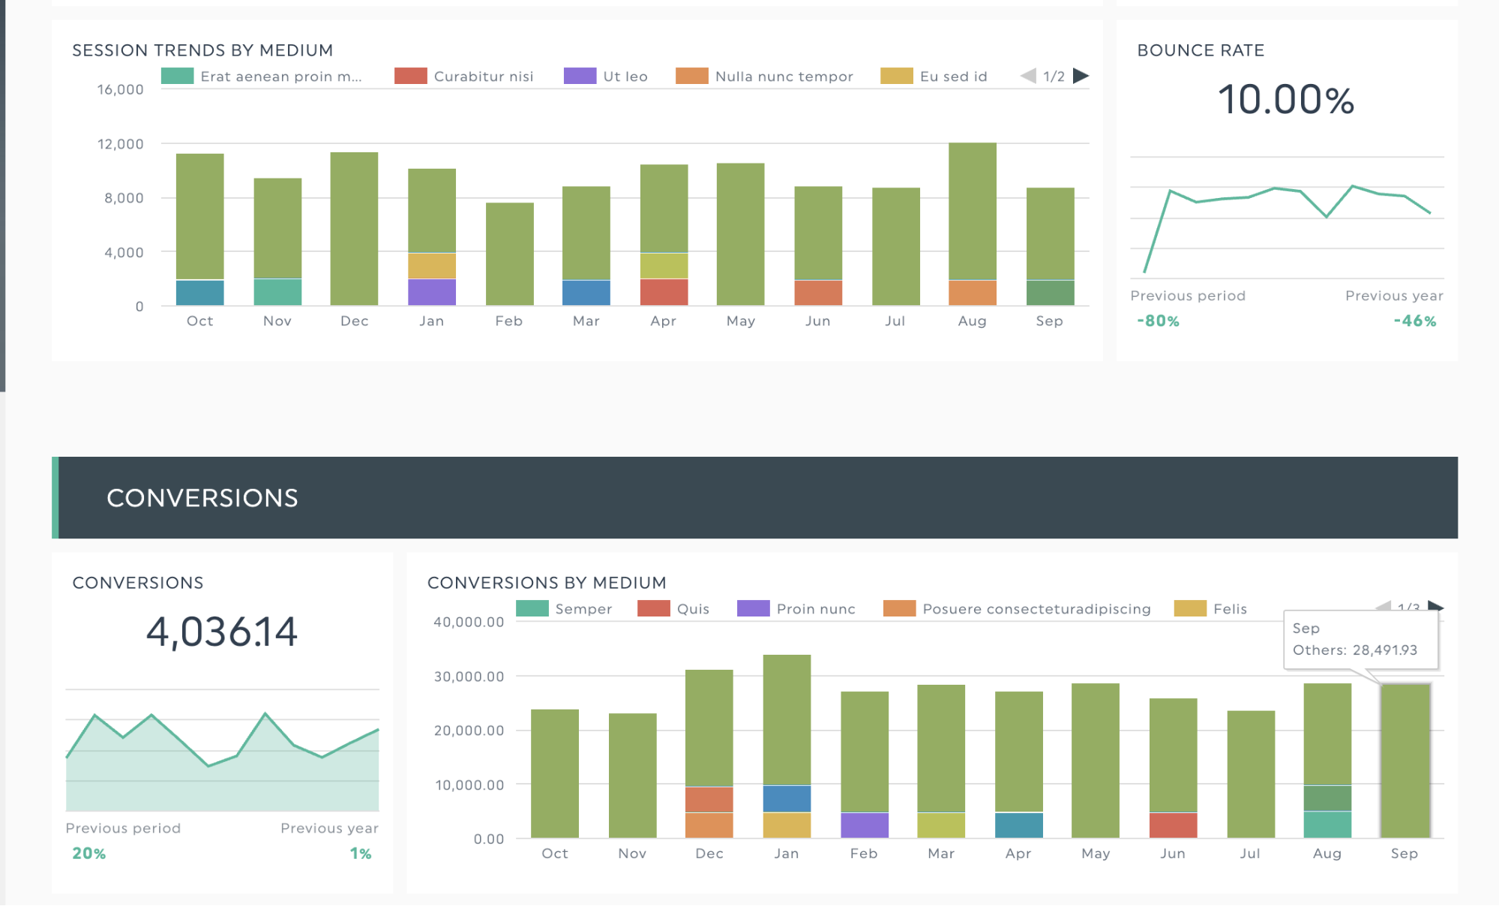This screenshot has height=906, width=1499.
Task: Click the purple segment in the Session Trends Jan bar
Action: pos(431,292)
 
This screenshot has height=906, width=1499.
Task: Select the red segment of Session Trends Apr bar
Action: pos(664,292)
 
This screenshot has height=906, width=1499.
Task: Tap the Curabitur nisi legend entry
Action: pos(464,76)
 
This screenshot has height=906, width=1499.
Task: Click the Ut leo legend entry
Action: pos(606,76)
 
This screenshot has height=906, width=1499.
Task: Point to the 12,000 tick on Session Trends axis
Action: pos(120,144)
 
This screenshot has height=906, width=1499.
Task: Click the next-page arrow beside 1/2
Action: pos(1081,76)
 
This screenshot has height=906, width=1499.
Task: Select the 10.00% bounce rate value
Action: pos(1286,100)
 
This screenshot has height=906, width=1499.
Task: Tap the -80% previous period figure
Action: pos(1158,321)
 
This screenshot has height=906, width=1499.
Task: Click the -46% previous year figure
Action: pos(1414,321)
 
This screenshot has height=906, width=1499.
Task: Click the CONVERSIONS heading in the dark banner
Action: pos(202,498)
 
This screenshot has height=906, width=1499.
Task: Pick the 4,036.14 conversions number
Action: pos(222,631)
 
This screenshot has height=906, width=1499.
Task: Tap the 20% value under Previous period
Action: pos(88,853)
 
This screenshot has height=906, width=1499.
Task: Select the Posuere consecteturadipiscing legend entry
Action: pos(1017,609)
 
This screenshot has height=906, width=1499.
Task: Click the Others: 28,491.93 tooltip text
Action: pos(1354,650)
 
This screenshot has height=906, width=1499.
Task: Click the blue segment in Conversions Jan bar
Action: pos(787,798)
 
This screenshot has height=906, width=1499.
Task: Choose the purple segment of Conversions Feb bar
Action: pos(865,825)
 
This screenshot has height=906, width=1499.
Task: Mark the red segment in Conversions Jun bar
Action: pos(1173,825)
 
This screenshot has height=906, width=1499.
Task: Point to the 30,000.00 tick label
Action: pos(469,676)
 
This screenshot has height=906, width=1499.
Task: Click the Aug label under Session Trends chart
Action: pos(972,321)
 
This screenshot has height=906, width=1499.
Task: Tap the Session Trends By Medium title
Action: pos(202,50)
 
